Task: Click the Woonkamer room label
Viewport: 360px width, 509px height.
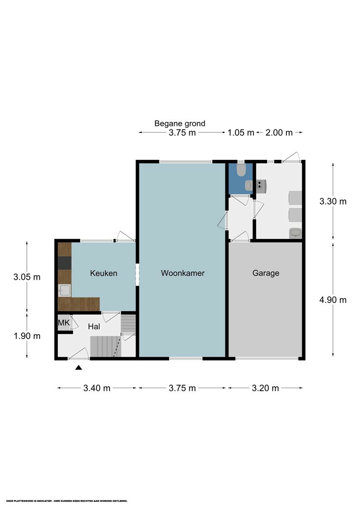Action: pos(183,273)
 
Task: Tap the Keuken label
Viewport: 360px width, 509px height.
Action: pos(104,273)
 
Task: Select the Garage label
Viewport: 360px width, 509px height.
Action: pos(266,273)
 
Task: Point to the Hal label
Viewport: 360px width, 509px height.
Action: pos(94,327)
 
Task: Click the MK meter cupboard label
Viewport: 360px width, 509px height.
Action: pos(63,322)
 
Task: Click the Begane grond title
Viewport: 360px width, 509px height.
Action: pos(180,123)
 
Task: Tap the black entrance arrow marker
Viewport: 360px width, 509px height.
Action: pos(79,367)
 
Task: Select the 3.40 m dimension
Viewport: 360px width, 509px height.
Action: pos(97,388)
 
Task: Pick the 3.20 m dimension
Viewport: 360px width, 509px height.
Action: pos(265,388)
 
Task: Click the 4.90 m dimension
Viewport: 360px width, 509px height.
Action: pos(333,300)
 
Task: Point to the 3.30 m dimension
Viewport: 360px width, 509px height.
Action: pos(333,201)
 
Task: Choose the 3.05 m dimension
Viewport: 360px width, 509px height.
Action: pos(27,277)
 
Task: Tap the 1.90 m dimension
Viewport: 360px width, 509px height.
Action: pos(27,336)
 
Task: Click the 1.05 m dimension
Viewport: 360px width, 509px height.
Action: pos(241,132)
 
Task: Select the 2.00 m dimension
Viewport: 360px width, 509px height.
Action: pos(279,132)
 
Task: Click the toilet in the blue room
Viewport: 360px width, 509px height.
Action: pos(241,170)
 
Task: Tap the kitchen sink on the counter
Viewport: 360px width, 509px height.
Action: pos(65,290)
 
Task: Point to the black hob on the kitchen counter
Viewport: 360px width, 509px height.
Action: pos(65,263)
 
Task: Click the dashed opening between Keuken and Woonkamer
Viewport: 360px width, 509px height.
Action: pos(138,274)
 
